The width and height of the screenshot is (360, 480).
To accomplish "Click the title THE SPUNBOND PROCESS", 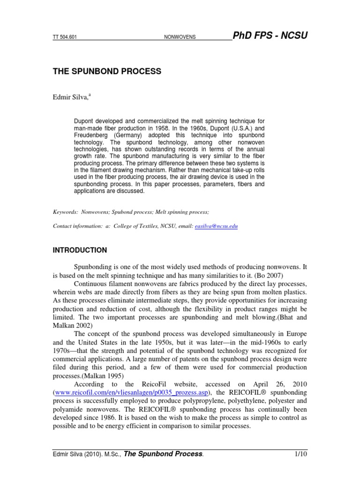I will click(106, 71).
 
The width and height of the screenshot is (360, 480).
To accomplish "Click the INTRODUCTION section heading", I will click(80, 250).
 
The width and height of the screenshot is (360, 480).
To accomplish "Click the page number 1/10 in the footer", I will click(300, 454).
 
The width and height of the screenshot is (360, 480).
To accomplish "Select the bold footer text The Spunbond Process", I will click(163, 454).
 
